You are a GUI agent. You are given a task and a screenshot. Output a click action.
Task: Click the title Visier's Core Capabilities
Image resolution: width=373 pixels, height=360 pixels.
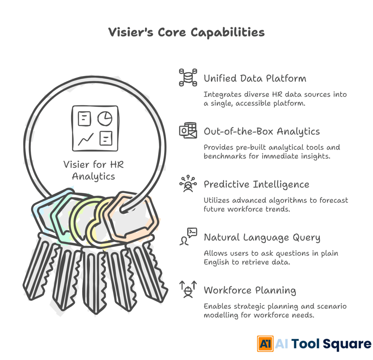click(186, 32)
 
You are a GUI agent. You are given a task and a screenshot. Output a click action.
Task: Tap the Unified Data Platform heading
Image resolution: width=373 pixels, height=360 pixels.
click(255, 78)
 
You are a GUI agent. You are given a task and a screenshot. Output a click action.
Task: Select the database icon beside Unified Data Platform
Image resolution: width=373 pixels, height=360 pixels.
click(188, 77)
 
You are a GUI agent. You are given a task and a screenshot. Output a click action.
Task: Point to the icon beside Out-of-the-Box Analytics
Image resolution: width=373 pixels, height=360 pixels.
click(188, 130)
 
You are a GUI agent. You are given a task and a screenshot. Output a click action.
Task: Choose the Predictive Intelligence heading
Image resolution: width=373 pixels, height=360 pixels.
click(256, 184)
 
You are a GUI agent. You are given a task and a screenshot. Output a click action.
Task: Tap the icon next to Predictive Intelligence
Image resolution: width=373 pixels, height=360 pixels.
click(188, 184)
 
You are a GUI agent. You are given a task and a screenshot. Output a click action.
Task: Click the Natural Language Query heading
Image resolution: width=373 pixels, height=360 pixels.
click(262, 238)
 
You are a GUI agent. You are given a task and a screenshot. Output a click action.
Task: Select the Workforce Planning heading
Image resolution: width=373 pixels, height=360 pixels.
click(250, 290)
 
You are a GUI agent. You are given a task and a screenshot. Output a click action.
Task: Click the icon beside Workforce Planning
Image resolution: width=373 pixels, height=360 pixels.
click(188, 290)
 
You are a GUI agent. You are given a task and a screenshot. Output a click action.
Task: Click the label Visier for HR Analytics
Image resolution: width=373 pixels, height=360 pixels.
click(94, 170)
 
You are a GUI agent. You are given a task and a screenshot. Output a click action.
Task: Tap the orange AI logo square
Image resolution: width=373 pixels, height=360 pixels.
click(265, 344)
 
